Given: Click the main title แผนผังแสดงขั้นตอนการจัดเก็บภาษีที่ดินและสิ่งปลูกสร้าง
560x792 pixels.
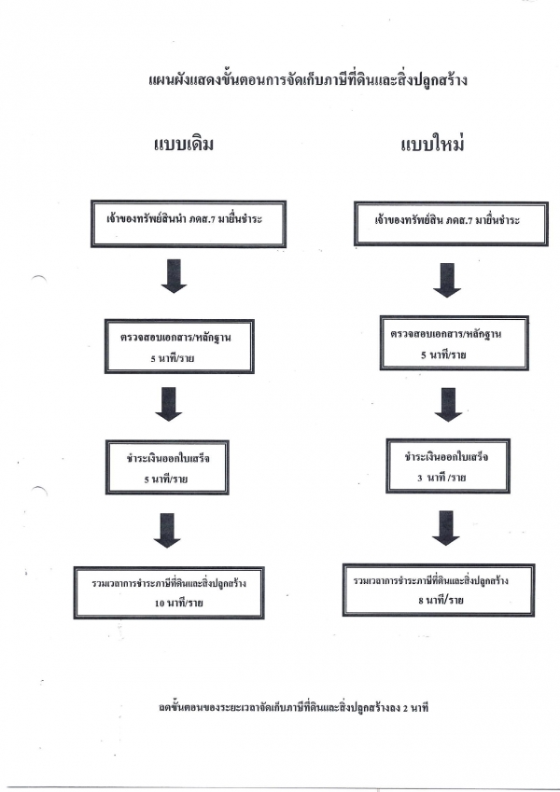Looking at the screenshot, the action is click(x=308, y=80).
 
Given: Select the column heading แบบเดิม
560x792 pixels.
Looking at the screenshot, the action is click(x=184, y=144).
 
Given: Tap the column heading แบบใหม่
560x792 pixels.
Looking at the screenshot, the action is click(x=433, y=145).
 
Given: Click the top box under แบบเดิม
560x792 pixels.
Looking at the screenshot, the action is click(x=189, y=224).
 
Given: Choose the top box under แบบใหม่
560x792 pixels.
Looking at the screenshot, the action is click(x=452, y=224).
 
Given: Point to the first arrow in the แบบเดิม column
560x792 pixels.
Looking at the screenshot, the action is click(x=174, y=276).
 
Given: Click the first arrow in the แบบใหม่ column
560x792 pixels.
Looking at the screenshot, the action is click(x=447, y=280).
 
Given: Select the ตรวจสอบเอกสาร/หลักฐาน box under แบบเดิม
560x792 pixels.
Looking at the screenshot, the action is click(x=179, y=346).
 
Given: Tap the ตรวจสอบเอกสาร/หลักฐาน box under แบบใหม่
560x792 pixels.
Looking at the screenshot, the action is click(x=455, y=343).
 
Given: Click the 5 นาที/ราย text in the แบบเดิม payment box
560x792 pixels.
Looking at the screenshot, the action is click(x=166, y=479).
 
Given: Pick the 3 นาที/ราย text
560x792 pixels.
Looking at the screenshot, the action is click(x=441, y=478).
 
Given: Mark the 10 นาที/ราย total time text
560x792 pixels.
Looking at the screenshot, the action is click(x=179, y=603).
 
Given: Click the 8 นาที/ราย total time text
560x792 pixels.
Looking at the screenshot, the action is click(x=441, y=600).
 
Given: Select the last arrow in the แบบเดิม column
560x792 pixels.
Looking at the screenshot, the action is click(x=167, y=531).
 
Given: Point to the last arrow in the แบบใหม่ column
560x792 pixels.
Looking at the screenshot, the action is click(x=446, y=528).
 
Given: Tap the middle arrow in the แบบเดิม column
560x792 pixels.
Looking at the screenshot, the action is click(x=168, y=404).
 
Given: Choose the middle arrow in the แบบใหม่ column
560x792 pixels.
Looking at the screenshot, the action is click(x=448, y=405).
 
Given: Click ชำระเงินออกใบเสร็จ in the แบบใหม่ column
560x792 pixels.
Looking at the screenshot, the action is click(x=446, y=457).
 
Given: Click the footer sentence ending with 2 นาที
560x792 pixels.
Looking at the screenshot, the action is click(x=294, y=707).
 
